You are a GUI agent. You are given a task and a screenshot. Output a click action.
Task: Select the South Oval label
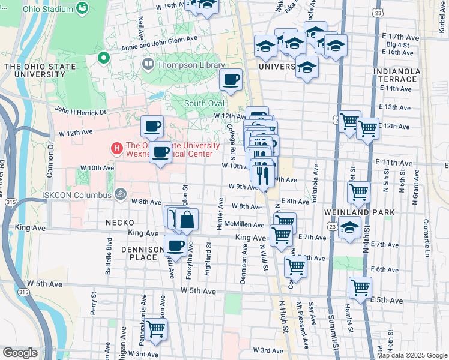point(203,103)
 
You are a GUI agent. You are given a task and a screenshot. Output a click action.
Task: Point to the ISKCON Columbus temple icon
point(120,195)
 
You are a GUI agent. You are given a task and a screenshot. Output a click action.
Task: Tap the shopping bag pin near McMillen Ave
point(187,220)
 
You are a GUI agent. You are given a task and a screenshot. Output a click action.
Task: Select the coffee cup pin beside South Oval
point(231,80)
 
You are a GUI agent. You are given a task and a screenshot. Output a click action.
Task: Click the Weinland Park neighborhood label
point(367,212)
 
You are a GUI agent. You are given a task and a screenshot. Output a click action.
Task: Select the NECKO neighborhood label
point(120,223)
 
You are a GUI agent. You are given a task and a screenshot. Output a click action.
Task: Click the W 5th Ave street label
point(198,292)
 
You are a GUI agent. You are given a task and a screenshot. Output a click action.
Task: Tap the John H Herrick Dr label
point(80,111)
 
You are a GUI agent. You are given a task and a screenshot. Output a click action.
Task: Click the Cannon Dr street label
point(50,159)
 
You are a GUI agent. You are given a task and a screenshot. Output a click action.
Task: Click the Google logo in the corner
point(20,353)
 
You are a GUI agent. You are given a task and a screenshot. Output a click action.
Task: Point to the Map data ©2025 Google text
point(411,355)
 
